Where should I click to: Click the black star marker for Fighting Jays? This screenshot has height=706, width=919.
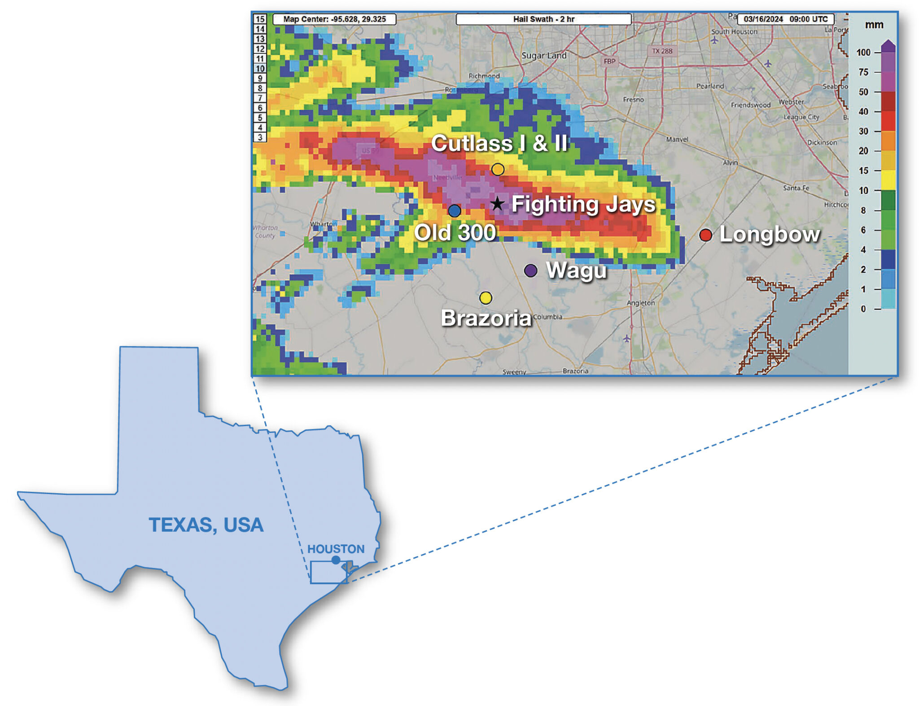(x=497, y=204)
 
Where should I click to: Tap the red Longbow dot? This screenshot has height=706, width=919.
(x=705, y=235)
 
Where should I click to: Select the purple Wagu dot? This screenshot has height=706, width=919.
(x=530, y=270)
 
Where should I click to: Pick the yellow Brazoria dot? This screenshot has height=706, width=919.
(x=486, y=298)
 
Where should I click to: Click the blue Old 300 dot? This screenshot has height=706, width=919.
(x=454, y=211)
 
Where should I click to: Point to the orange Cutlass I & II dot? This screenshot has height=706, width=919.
(x=498, y=169)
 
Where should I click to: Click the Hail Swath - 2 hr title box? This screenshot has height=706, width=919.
(x=543, y=19)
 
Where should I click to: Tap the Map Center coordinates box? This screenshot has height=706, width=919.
(x=334, y=19)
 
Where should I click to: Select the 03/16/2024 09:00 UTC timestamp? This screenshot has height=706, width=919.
(x=785, y=19)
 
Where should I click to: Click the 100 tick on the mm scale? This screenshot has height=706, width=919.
(x=863, y=53)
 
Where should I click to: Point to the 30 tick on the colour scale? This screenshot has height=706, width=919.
(x=863, y=131)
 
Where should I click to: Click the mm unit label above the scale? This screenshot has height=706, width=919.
(x=874, y=25)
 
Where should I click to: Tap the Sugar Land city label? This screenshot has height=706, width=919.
(x=544, y=56)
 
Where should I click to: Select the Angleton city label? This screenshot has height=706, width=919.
(x=640, y=303)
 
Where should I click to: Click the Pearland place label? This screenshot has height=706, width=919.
(x=710, y=86)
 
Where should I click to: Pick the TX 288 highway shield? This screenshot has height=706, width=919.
(x=662, y=51)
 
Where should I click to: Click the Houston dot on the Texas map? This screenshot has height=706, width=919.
(x=336, y=560)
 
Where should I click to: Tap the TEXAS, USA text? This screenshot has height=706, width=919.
(x=206, y=525)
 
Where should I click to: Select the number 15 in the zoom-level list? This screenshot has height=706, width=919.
(x=260, y=19)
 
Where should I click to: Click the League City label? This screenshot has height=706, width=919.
(x=801, y=117)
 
